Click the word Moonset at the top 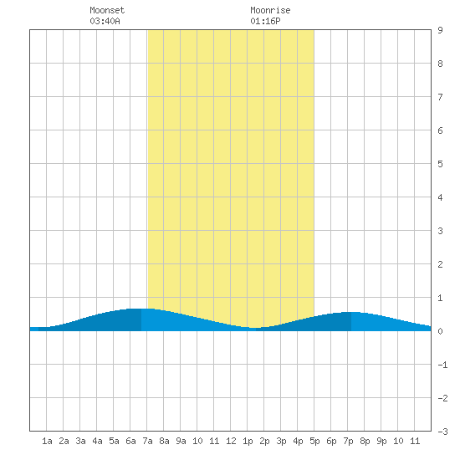point(107,10)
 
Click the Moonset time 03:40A point(105,21)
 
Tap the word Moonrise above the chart point(270,10)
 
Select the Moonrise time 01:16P point(265,21)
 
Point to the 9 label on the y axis point(440,30)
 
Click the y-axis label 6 point(440,130)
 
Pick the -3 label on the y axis point(442,432)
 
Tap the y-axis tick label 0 point(440,331)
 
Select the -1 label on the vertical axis point(442,365)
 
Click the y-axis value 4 point(440,197)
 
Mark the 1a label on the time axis point(47,441)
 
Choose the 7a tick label point(147,441)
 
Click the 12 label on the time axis point(231,441)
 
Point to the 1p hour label point(248,441)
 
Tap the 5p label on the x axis point(314,441)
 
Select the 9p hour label point(381,441)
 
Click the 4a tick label point(97,441)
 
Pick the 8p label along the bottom point(365,441)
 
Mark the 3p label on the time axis point(281,441)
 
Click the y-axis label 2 point(440,264)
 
